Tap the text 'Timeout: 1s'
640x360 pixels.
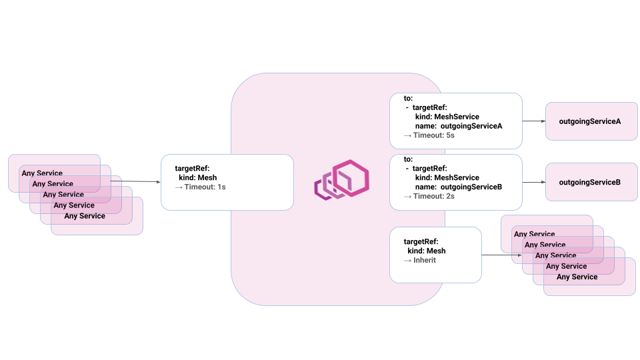(x=205, y=187)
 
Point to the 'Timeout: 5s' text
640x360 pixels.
(x=433, y=135)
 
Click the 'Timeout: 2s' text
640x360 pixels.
(x=433, y=196)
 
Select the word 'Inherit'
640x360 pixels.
(x=425, y=260)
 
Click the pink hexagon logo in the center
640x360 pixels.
(x=342, y=181)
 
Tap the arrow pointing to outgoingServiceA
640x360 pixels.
(x=533, y=121)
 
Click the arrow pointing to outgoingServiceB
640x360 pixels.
(x=533, y=182)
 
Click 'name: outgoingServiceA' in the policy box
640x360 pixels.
(x=458, y=126)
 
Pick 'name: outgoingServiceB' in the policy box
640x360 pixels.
(x=458, y=187)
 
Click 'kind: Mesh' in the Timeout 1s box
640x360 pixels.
(x=197, y=178)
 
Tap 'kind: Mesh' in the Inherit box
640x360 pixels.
(x=426, y=251)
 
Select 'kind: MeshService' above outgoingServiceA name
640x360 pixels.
(x=447, y=117)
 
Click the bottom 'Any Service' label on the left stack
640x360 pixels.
(x=85, y=216)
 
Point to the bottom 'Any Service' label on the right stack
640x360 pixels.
(x=577, y=277)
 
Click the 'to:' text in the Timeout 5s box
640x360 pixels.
(x=409, y=98)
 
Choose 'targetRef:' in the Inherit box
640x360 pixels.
(x=421, y=241)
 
